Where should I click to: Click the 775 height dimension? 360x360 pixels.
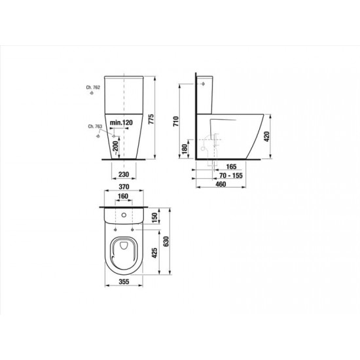[151, 119]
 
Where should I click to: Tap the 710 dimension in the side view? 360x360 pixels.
[176, 121]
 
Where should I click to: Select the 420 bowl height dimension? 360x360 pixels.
[267, 136]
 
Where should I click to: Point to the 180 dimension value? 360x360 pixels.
[185, 149]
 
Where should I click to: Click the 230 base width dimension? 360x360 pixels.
[124, 175]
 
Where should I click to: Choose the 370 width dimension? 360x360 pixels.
[124, 187]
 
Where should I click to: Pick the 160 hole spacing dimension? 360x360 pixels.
[123, 196]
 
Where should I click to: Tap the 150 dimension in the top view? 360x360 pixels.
[154, 218]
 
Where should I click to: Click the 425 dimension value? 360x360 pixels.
[154, 253]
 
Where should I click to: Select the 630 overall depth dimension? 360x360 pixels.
[166, 242]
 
